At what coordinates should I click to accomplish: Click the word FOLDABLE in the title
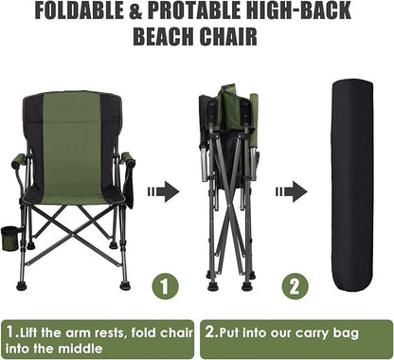[79, 10]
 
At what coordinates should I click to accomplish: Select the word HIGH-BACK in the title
[298, 10]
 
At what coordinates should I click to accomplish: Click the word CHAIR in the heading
[228, 37]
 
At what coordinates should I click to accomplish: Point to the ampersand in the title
[135, 11]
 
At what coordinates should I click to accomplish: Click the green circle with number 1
[165, 287]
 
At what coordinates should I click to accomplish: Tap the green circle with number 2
[295, 287]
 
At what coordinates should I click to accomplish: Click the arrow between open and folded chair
[164, 191]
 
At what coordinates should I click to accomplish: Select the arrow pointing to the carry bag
[292, 191]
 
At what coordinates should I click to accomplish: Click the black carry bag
[352, 187]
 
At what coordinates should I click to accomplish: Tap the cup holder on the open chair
[10, 238]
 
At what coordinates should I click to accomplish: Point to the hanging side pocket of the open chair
[129, 188]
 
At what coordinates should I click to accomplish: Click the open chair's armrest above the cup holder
[19, 161]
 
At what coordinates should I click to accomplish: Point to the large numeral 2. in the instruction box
[210, 332]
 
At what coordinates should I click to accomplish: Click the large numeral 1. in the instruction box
[11, 332]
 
